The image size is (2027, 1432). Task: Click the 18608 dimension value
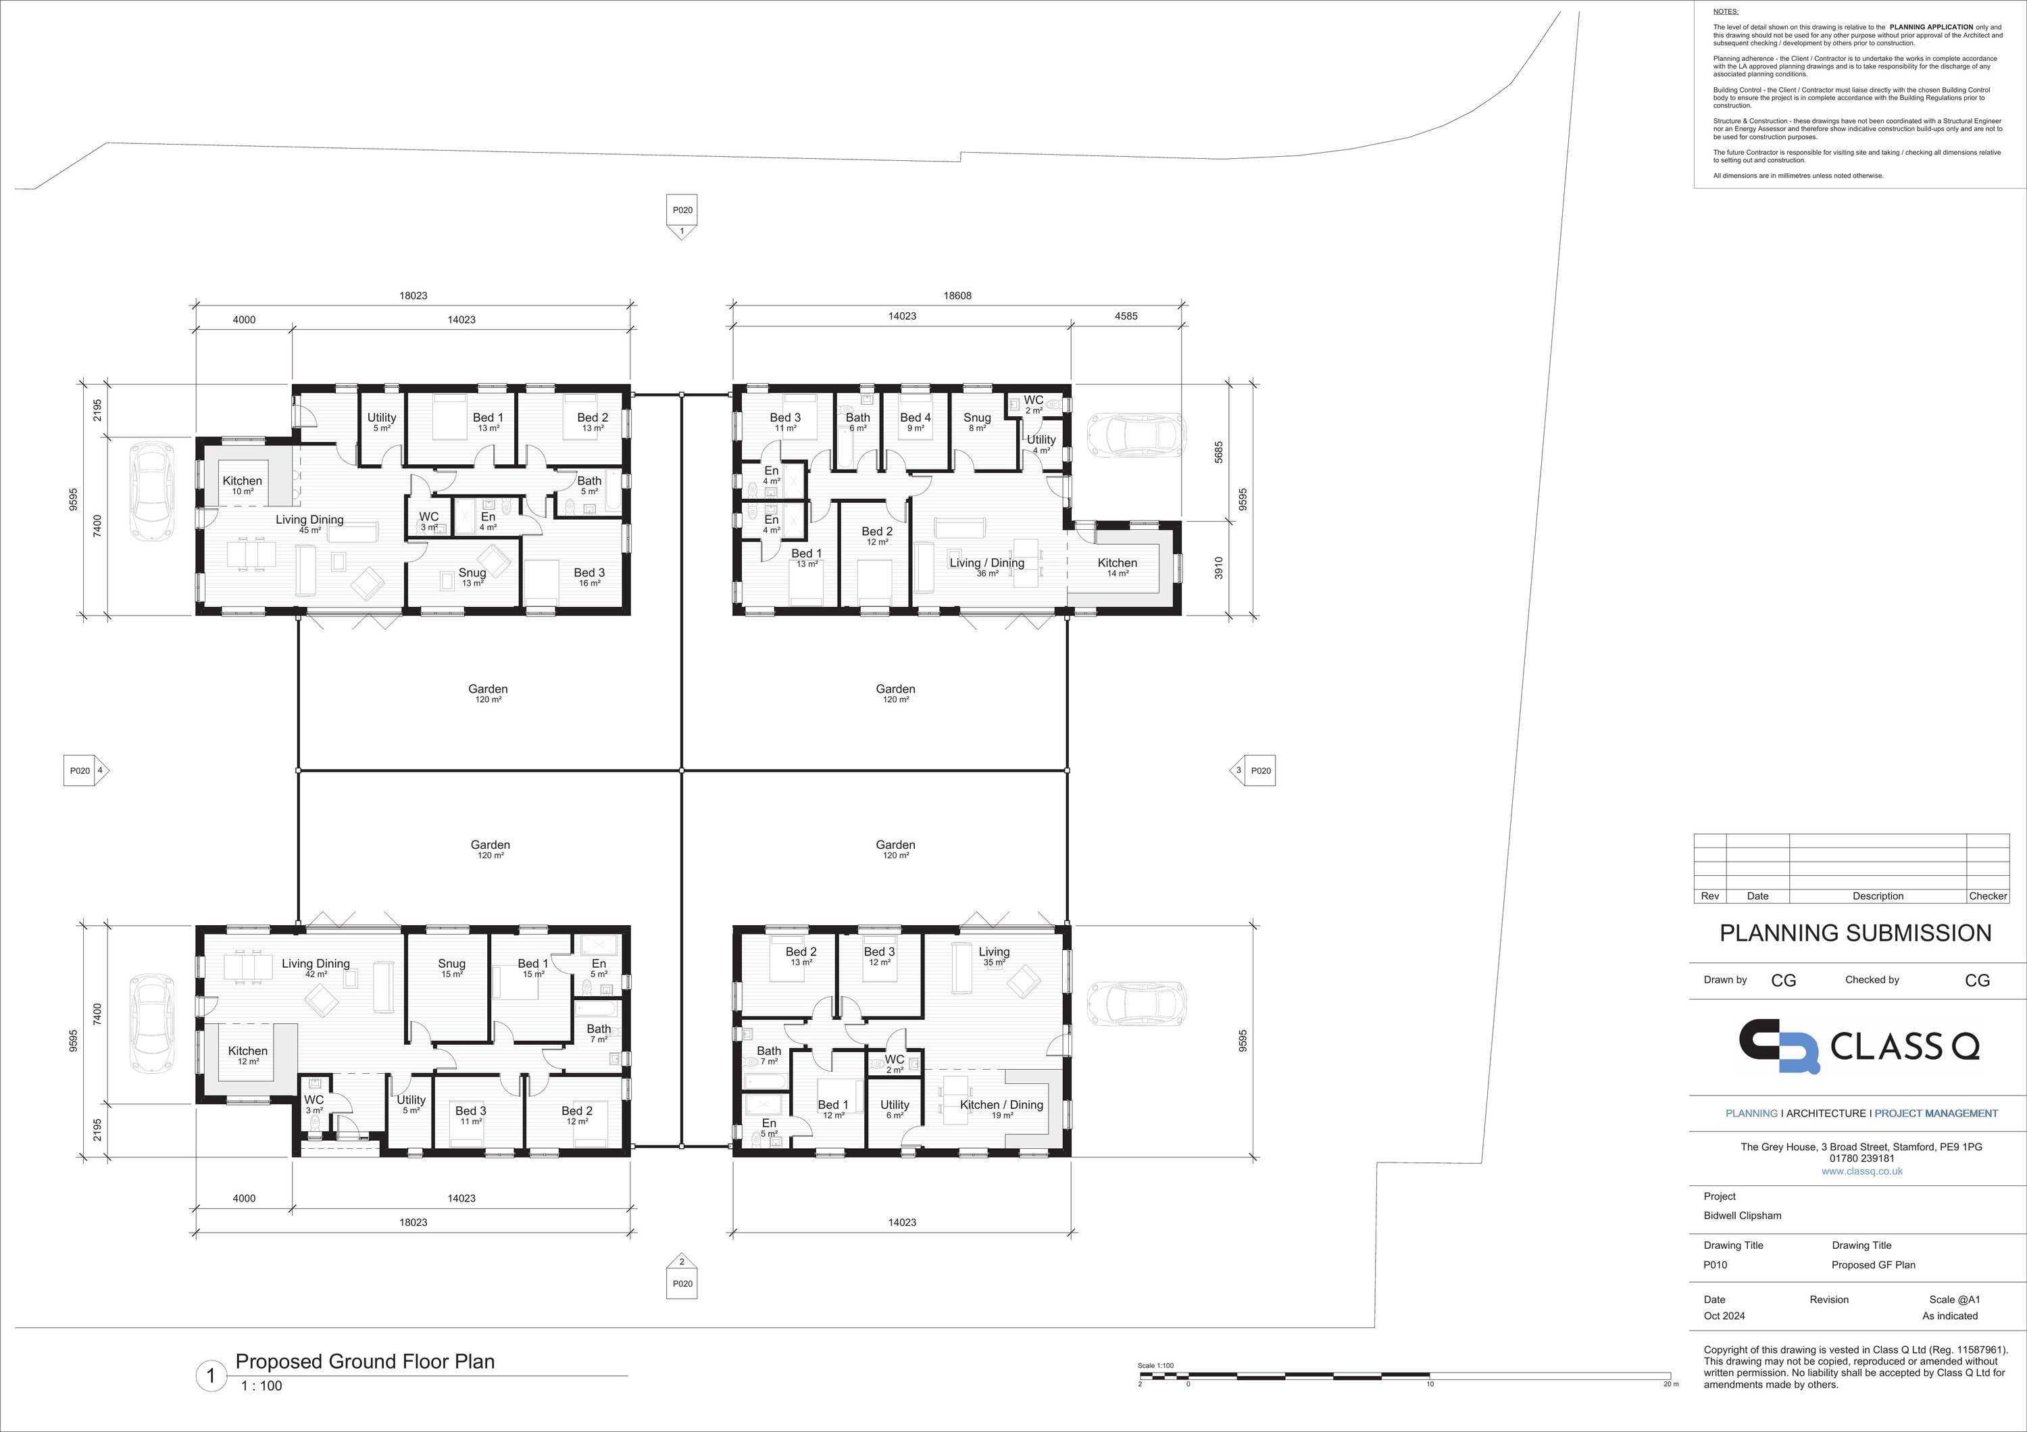957,296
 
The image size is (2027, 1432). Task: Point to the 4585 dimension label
1126,316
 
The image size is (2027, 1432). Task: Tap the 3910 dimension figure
1219,567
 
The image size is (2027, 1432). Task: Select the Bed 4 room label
916,422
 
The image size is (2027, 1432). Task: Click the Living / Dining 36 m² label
987,567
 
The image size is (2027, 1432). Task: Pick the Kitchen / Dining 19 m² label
1001,1109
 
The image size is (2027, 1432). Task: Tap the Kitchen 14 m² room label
1117,567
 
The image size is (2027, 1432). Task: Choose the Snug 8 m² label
976,422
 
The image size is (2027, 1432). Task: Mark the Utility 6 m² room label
895,1109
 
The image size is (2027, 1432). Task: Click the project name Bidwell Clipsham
1743,1216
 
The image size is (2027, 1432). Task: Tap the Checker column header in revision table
1988,896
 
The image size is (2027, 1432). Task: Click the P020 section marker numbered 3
1253,770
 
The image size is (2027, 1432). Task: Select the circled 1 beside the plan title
211,1375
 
